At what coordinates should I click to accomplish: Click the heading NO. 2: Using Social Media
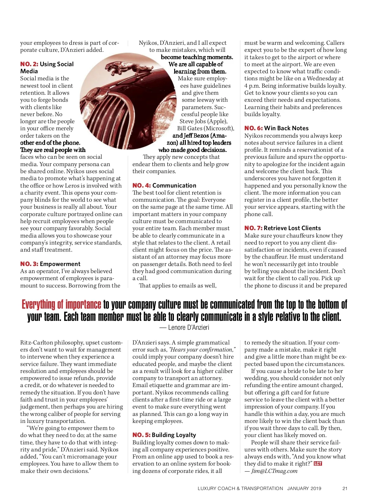[x=47, y=67]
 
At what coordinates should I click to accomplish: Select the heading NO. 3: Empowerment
[x=50, y=264]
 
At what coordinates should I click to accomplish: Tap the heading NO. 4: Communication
[x=164, y=185]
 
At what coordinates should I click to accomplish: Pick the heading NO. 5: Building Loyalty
[x=164, y=435]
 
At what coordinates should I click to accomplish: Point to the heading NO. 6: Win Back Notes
[x=276, y=128]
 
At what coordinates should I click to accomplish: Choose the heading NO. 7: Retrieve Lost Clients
[x=282, y=228]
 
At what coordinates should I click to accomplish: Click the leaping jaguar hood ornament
[x=123, y=68]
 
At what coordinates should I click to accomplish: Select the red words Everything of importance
[x=61, y=304]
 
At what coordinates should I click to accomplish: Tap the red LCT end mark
[x=318, y=463]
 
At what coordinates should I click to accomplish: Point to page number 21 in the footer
[x=345, y=489]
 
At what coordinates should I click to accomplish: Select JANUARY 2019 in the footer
[x=304, y=489]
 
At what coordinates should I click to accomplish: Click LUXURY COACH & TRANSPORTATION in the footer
[x=240, y=489]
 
